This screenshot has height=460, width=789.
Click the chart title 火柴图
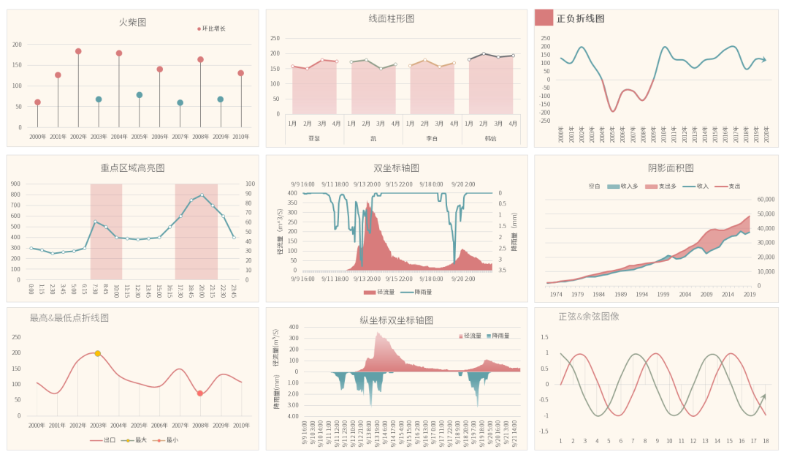coord(132,22)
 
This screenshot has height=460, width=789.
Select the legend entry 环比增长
coord(213,29)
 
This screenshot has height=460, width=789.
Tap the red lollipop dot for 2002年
coord(78,51)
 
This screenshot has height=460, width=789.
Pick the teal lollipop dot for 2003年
coord(99,99)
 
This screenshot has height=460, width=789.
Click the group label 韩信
coord(490,138)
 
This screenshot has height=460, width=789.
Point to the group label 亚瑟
coord(314,138)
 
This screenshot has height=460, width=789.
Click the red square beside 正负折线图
coord(544,18)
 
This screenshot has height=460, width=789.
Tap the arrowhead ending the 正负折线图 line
coord(763,60)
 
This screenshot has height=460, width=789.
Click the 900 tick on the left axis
coord(15,184)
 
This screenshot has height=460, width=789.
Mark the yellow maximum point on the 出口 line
coord(98,353)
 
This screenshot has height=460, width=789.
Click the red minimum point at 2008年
coord(200,393)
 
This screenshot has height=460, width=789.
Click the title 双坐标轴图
coord(397,167)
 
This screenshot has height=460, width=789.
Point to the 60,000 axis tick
coord(764,199)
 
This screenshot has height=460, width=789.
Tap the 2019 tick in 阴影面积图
coord(750,294)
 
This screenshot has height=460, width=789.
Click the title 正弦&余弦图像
coord(589,317)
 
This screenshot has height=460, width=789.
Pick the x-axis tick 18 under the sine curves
coord(766,440)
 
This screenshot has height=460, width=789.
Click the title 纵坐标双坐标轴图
coord(397,320)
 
